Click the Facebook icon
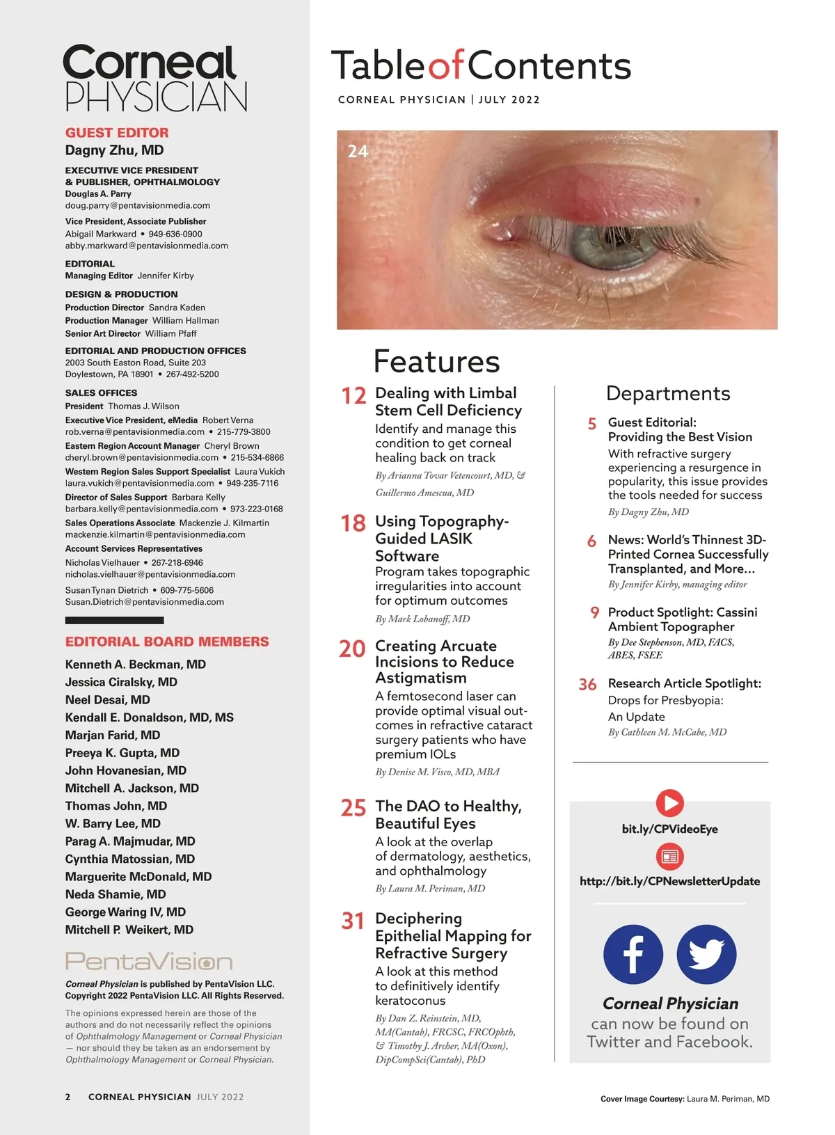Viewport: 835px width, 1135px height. point(633,954)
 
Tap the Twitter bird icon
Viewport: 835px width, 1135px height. point(706,954)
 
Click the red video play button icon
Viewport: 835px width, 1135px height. point(669,803)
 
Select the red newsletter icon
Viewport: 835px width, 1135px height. point(669,856)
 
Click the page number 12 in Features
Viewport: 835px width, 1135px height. point(353,396)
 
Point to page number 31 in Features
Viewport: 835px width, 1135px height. point(353,921)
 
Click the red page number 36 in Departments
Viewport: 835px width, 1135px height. point(587,685)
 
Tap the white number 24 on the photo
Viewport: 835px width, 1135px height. point(358,151)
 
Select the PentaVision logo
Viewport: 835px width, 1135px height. point(149,961)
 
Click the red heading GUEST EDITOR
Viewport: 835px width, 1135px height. point(117,132)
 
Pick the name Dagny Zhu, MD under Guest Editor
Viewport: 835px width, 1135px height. point(114,150)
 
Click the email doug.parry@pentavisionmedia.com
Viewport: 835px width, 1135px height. point(138,205)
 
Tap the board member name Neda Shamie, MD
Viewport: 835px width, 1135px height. point(116,894)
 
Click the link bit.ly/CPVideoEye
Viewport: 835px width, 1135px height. point(669,829)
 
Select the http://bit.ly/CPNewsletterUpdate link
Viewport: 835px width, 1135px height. point(669,881)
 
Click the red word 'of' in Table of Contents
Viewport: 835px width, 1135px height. point(445,66)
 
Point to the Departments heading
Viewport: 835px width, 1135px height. point(668,394)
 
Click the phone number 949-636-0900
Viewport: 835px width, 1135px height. point(175,234)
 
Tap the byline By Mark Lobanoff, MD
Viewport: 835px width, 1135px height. point(422,619)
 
